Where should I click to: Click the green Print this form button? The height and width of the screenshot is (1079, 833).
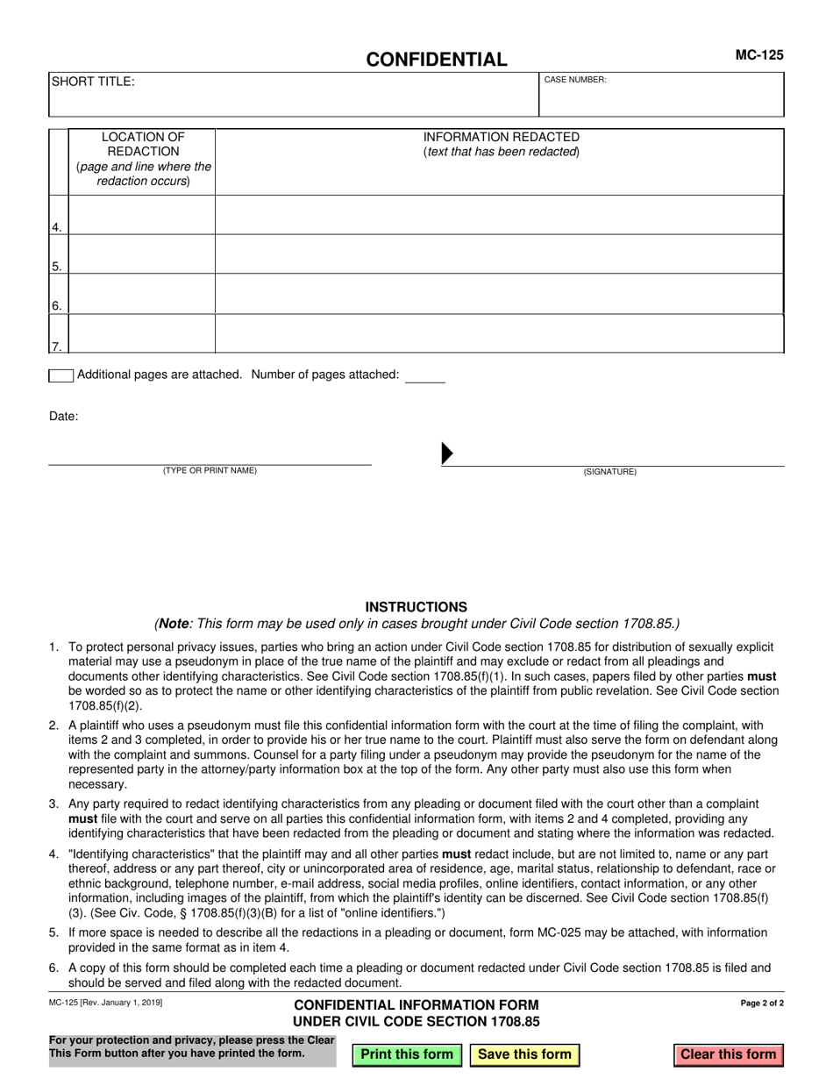[407, 1054]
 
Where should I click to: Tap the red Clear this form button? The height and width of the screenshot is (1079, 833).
[729, 1054]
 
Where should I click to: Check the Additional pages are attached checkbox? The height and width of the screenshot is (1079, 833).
[61, 375]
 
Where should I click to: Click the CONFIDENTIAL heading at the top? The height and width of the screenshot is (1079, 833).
[436, 60]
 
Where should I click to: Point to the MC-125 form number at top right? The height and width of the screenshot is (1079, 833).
[758, 54]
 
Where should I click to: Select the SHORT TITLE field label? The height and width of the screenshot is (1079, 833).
[93, 82]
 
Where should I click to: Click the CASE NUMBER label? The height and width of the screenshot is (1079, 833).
[575, 80]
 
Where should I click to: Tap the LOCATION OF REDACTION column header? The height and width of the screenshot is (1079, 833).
[143, 159]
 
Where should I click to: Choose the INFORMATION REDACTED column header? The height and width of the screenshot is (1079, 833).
[501, 144]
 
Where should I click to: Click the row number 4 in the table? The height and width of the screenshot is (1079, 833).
[57, 227]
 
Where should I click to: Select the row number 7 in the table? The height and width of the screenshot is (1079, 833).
[57, 347]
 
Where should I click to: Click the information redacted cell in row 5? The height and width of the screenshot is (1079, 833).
[500, 254]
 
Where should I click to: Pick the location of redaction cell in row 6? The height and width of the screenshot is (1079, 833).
[142, 294]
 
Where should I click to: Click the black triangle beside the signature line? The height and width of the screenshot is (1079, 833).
[446, 453]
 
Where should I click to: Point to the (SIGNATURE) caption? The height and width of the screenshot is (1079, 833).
[610, 472]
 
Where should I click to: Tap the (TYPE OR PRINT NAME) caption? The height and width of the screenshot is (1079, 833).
[210, 471]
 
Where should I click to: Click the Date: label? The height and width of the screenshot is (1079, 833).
[63, 417]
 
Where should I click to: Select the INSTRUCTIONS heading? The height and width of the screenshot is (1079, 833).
[416, 607]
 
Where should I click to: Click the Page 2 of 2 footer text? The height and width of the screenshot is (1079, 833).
[762, 1003]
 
